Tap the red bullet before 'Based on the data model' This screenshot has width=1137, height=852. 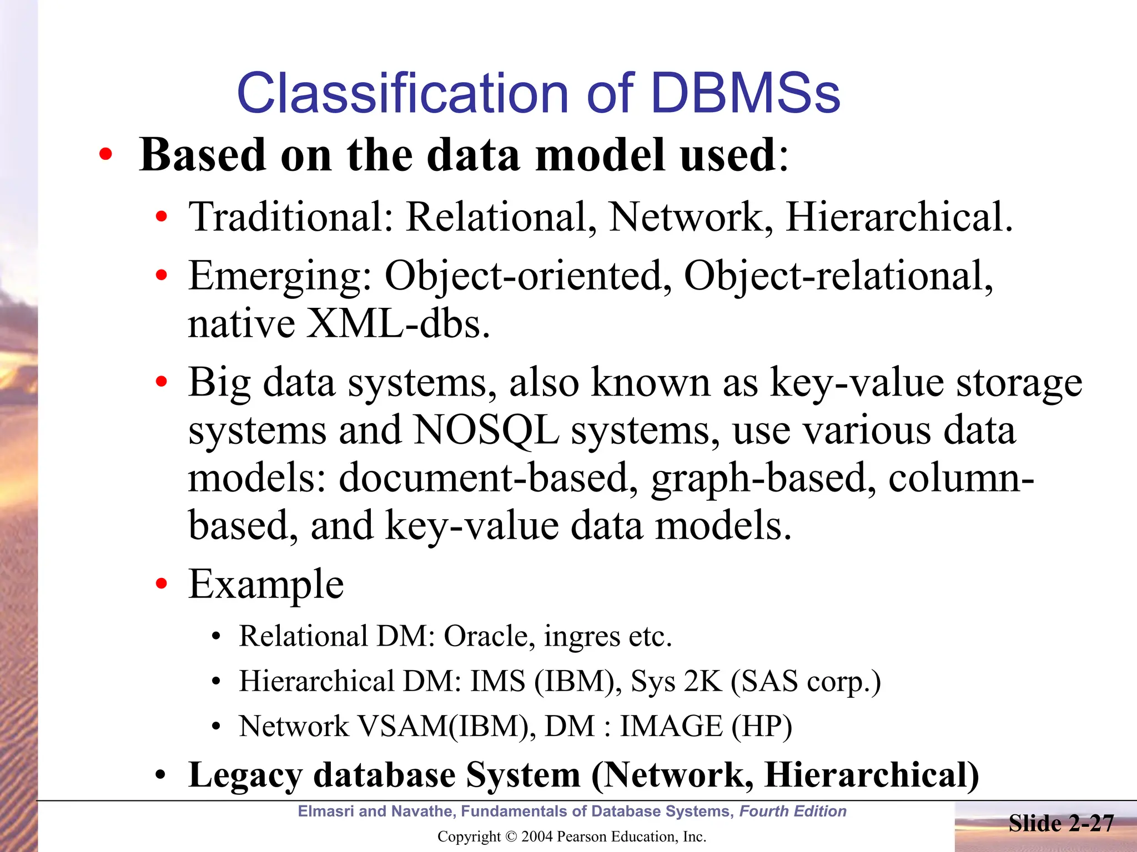coord(105,155)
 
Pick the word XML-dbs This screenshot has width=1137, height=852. coord(398,324)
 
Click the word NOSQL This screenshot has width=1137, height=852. coord(486,430)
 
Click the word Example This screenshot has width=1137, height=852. coord(266,585)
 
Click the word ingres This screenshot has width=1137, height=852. coord(581,637)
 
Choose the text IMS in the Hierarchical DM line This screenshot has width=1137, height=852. coord(497,681)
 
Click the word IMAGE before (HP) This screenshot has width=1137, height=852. coord(671,726)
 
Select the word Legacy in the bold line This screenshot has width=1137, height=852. coord(245,775)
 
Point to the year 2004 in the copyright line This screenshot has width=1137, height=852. coord(537,836)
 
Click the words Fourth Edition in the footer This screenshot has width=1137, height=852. coord(793,812)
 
